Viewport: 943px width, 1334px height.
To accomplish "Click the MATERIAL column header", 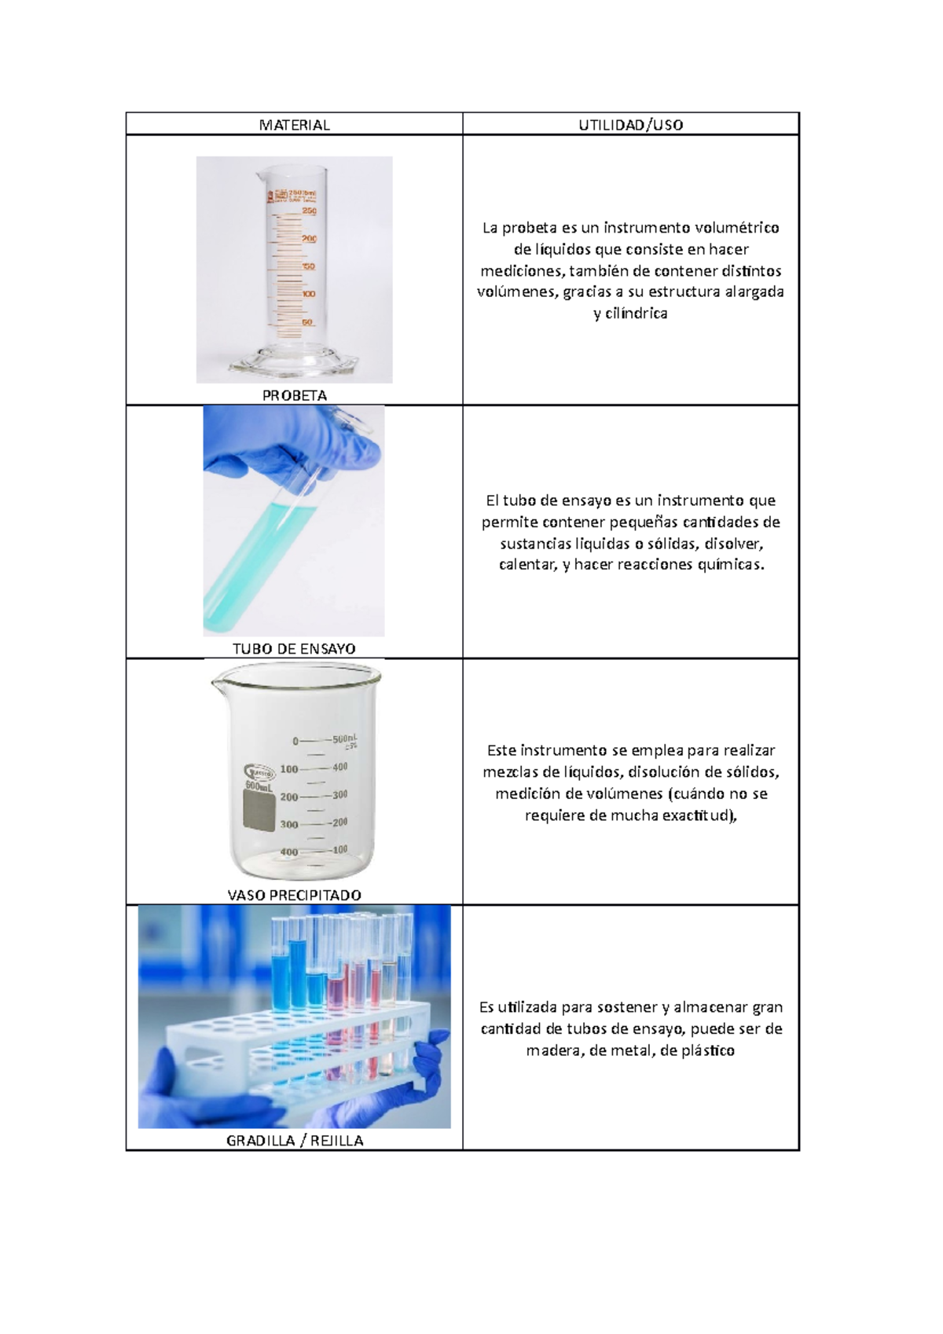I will point(294,125).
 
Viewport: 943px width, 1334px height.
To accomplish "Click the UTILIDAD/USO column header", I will point(630,125).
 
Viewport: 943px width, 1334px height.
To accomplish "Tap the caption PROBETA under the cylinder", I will point(294,395).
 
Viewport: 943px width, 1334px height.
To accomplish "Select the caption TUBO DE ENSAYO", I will point(294,649).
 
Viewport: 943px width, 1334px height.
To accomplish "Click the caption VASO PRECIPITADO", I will point(294,895).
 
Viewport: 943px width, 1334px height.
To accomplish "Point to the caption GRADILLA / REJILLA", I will point(294,1141).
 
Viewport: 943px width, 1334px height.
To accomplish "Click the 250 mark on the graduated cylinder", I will point(309,211).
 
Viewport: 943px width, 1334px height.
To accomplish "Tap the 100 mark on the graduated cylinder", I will point(308,294).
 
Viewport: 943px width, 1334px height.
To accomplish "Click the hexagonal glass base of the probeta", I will point(294,365).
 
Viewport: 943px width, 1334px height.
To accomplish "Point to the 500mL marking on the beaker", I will point(344,739).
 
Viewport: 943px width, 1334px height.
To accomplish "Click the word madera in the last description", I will point(552,1050).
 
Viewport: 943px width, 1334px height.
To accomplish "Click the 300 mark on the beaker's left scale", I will point(288,824).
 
